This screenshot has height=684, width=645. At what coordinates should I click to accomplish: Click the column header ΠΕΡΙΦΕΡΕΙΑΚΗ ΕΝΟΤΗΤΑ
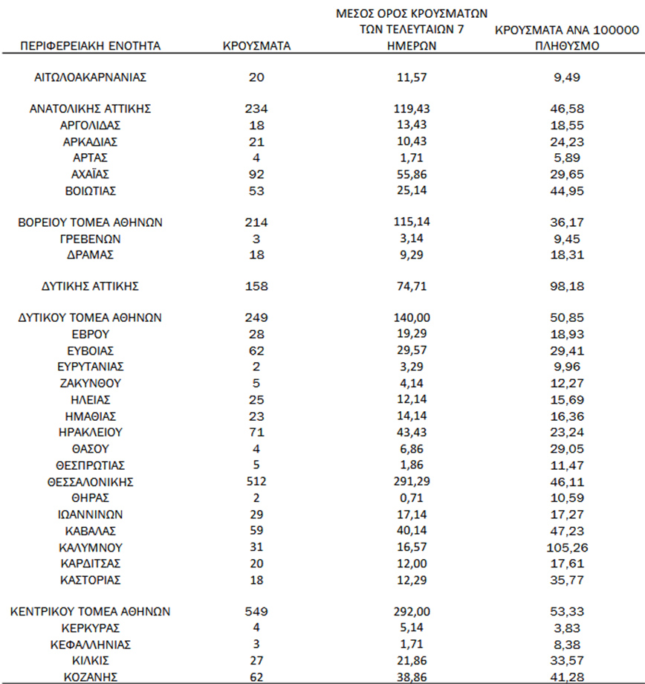click(x=91, y=45)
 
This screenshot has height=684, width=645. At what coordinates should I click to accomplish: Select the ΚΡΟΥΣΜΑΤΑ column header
click(x=256, y=45)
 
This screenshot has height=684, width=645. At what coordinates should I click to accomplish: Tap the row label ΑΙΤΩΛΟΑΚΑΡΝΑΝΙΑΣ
click(x=91, y=77)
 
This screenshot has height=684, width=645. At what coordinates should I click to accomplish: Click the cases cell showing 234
click(x=256, y=109)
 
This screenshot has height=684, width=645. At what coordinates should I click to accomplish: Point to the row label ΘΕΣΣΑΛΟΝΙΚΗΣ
click(x=91, y=482)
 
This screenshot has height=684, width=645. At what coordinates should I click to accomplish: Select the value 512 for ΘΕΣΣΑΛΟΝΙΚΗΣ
click(x=256, y=482)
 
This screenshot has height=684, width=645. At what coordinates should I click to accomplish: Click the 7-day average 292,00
click(x=413, y=612)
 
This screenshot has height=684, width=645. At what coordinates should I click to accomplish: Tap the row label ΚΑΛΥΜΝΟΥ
click(x=91, y=547)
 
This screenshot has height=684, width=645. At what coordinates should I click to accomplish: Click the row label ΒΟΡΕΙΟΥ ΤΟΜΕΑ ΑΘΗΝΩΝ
click(x=91, y=222)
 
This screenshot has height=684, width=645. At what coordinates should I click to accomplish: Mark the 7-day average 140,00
click(x=413, y=317)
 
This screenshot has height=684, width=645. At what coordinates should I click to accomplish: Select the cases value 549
click(x=256, y=612)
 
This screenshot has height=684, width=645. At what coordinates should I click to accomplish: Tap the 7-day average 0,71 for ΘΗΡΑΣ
click(x=413, y=497)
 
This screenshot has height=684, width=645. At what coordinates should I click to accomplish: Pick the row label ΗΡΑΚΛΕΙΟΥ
click(x=91, y=432)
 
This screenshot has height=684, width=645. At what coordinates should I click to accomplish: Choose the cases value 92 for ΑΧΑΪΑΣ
click(x=256, y=174)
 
